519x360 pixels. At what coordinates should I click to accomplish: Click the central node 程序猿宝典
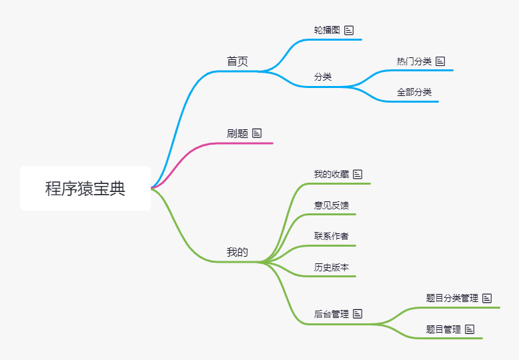[85, 189]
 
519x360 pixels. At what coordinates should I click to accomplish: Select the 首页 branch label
[237, 61]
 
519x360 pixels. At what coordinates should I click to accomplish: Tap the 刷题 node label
[237, 133]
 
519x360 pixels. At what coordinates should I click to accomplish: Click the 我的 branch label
[237, 252]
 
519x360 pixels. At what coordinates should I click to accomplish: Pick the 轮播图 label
[327, 30]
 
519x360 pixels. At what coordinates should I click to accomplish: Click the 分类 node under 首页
[323, 77]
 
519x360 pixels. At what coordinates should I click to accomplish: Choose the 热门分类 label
[414, 61]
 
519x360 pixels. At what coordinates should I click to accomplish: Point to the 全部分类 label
[414, 92]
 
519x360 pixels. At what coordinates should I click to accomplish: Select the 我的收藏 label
[332, 174]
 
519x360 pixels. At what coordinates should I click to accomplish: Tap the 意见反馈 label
[332, 205]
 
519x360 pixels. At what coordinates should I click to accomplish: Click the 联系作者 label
[332, 236]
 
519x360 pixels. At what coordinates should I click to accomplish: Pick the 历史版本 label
[332, 267]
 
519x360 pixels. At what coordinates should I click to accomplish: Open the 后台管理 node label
[332, 313]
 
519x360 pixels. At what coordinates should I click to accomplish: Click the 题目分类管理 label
[452, 298]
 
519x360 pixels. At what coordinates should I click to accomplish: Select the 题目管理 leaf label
[444, 329]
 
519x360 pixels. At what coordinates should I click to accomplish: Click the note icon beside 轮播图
[349, 30]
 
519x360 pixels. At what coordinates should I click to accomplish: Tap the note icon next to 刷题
[257, 133]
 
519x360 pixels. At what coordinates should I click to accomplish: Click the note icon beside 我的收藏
[358, 174]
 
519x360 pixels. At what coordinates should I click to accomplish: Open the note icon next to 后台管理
[358, 313]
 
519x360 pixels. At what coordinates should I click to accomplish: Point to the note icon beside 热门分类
[440, 61]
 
